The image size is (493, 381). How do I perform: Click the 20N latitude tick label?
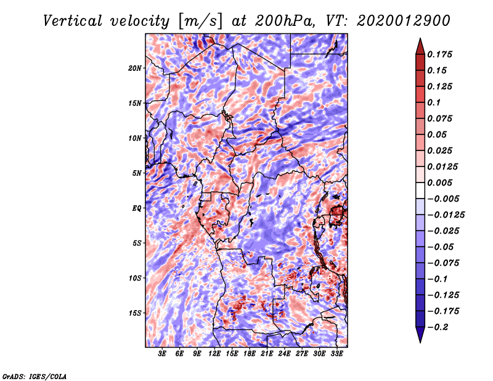(136, 68)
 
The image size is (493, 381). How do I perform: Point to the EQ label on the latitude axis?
(137, 208)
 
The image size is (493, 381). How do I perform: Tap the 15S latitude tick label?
(136, 313)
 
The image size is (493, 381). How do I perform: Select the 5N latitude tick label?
(137, 173)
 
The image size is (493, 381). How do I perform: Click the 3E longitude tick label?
(163, 354)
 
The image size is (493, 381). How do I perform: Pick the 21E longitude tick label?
(267, 354)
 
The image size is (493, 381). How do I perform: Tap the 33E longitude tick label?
(337, 354)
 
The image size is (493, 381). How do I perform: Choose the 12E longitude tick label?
(215, 354)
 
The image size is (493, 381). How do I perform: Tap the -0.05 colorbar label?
(441, 247)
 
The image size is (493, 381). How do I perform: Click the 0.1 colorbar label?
(434, 102)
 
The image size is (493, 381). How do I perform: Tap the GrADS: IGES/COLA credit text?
(35, 375)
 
